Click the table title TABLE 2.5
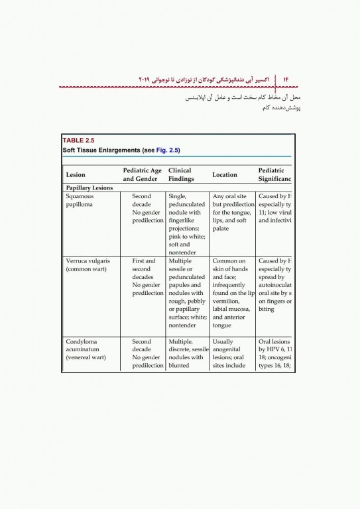[79, 141]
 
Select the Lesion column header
[76, 175]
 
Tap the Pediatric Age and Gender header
[143, 175]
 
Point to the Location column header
[224, 175]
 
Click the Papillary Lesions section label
[89, 188]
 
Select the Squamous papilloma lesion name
[80, 201]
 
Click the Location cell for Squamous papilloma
[233, 213]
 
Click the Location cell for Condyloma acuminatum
[233, 353]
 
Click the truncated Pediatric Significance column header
[274, 175]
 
